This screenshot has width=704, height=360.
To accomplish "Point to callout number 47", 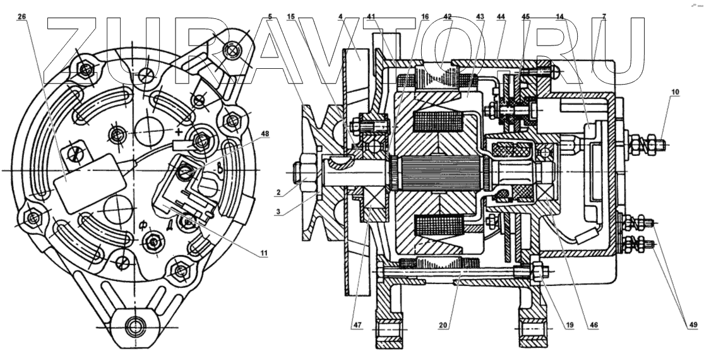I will [x=357, y=326].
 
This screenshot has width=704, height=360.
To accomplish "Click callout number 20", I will [x=444, y=326].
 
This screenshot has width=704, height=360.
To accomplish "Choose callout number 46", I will [x=594, y=326].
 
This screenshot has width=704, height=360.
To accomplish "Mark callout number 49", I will [x=692, y=326].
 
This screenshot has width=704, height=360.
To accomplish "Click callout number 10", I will [x=676, y=92].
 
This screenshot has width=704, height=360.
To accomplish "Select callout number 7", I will [x=604, y=17].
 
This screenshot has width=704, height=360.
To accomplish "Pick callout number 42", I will [x=447, y=17].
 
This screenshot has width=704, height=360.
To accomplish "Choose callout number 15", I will [x=291, y=17].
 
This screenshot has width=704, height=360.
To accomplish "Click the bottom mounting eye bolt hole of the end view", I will [x=133, y=326].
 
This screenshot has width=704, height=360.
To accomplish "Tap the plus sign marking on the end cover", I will [x=180, y=133].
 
